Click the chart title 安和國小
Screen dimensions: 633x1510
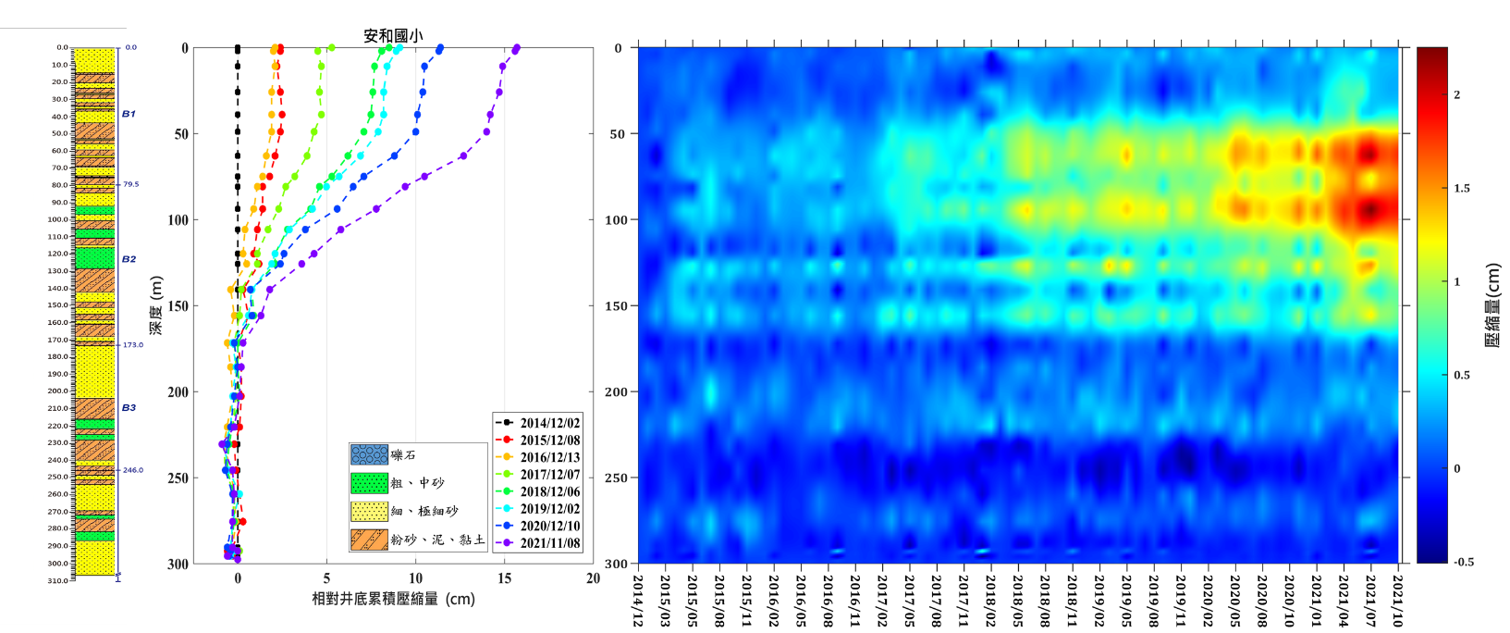click(393, 36)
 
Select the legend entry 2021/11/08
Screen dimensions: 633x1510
click(549, 543)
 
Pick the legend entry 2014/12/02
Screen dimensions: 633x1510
click(549, 423)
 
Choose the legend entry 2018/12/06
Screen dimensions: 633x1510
click(549, 491)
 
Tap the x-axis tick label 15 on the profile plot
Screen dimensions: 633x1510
click(504, 578)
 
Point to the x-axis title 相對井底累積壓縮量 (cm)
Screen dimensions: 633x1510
click(393, 599)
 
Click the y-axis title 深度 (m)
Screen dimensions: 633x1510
click(156, 305)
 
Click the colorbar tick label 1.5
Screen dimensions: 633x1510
click(1461, 189)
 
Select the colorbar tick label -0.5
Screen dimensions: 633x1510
click(1463, 562)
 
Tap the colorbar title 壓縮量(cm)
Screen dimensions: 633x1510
click(1492, 305)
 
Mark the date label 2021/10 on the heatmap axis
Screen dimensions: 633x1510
click(1398, 600)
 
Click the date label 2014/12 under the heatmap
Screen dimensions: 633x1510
click(637, 600)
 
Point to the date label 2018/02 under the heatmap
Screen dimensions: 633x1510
click(990, 600)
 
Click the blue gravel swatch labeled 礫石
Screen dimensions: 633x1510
click(369, 455)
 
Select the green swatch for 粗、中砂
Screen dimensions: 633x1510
click(369, 483)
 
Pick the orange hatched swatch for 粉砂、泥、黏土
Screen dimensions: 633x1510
click(369, 540)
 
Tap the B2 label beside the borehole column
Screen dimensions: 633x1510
click(129, 259)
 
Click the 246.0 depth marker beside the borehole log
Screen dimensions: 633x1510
click(133, 470)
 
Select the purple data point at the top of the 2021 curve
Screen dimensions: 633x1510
click(516, 48)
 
